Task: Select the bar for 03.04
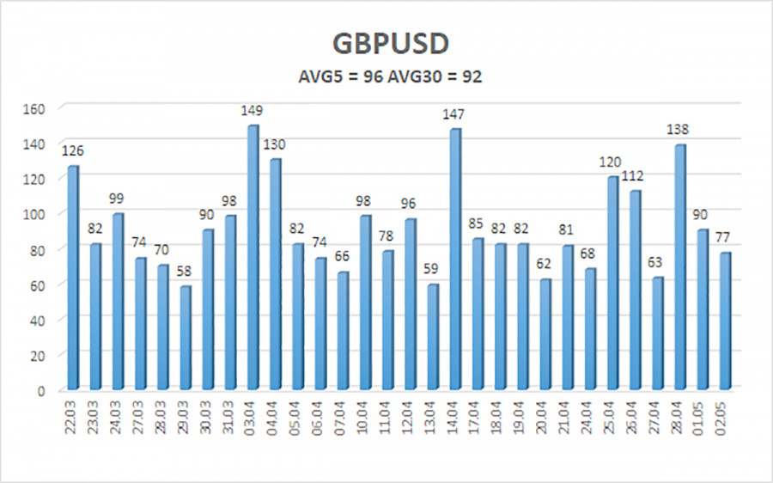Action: (253, 258)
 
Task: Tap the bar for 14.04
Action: (455, 259)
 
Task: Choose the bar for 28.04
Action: (680, 266)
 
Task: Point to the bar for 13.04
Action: (433, 336)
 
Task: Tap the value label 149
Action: (253, 111)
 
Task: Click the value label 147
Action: (455, 113)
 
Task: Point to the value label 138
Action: (679, 130)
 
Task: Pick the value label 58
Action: (186, 272)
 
